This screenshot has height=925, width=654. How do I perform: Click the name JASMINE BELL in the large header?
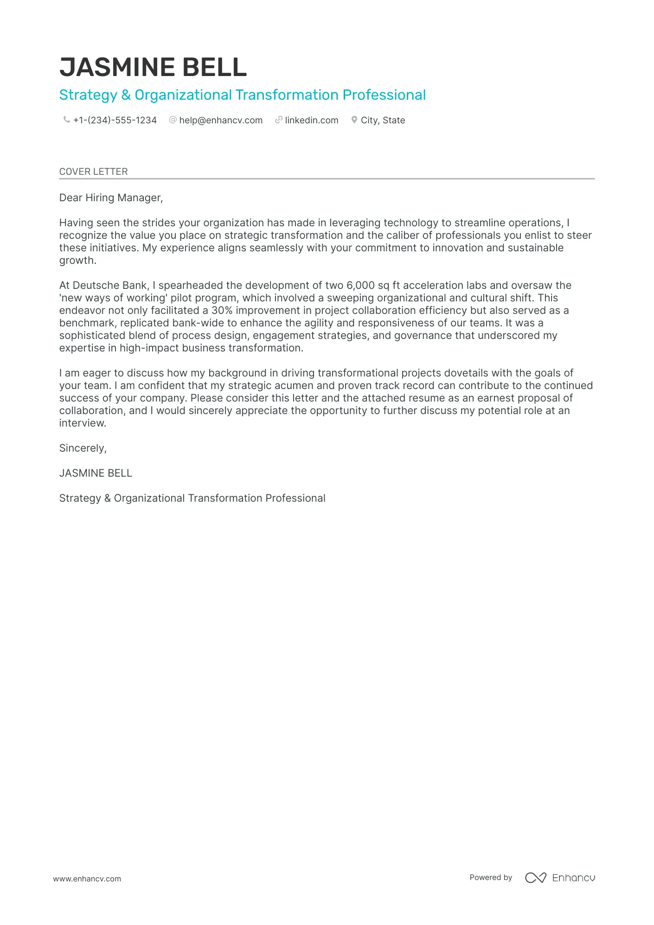tap(153, 67)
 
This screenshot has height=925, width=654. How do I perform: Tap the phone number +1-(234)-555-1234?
tap(115, 120)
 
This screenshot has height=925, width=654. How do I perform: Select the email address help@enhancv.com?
tap(221, 120)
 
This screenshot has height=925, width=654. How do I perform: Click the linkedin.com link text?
tap(311, 120)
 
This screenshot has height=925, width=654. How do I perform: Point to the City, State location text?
tap(383, 120)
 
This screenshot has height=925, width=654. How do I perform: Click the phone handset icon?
tap(66, 120)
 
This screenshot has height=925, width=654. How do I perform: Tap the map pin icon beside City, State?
tap(354, 120)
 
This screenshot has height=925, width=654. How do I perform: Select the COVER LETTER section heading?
tap(93, 172)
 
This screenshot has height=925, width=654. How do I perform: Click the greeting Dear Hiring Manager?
tap(111, 198)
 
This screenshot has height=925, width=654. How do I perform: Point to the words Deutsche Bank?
tap(110, 285)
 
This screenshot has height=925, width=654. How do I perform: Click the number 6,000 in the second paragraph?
tap(360, 285)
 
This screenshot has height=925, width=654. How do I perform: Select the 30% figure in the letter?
tap(222, 310)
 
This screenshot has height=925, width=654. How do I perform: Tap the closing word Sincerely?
tap(83, 448)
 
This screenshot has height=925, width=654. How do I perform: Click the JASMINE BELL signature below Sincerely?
tap(96, 473)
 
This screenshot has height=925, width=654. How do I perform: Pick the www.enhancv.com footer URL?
tap(87, 879)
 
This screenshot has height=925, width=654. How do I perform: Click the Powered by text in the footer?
tap(491, 877)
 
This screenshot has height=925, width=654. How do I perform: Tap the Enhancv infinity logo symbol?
tap(535, 878)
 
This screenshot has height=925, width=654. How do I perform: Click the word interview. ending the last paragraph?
tap(83, 423)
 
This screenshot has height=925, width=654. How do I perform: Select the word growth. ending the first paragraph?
tap(77, 260)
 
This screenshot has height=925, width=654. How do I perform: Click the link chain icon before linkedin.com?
tap(278, 120)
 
